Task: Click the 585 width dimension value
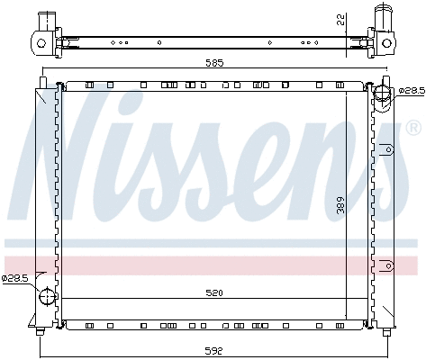pyautogui.click(x=214, y=63)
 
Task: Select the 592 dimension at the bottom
pyautogui.click(x=213, y=350)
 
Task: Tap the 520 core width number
pyautogui.click(x=214, y=292)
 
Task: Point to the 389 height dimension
pyautogui.click(x=340, y=205)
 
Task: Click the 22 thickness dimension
pyautogui.click(x=340, y=20)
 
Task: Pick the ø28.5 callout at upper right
pyautogui.click(x=412, y=91)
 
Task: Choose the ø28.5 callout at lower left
pyautogui.click(x=14, y=278)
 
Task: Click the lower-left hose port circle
pyautogui.click(x=47, y=296)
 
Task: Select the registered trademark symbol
pyautogui.click(x=413, y=128)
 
